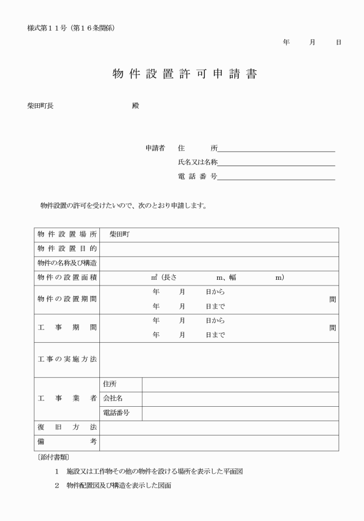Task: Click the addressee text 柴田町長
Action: coord(40,106)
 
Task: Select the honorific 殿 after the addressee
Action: coord(135,106)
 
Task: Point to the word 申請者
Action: coord(155,148)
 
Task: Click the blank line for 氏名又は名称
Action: coord(276,163)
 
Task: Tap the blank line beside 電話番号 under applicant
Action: coord(276,177)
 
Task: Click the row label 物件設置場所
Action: coord(67,235)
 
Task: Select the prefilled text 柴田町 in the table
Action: coord(120,235)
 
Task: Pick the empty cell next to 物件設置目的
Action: coord(219,249)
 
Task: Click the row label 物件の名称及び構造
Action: coord(67,264)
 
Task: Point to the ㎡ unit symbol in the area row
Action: coord(154,278)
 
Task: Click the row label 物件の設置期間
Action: coord(67,299)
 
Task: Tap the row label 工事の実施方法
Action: coord(67,359)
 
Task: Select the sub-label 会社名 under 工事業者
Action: coord(113,399)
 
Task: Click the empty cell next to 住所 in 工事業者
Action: coord(240,384)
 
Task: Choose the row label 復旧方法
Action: coord(67,428)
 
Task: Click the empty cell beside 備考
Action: coord(219,442)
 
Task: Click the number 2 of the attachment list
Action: coord(57,486)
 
